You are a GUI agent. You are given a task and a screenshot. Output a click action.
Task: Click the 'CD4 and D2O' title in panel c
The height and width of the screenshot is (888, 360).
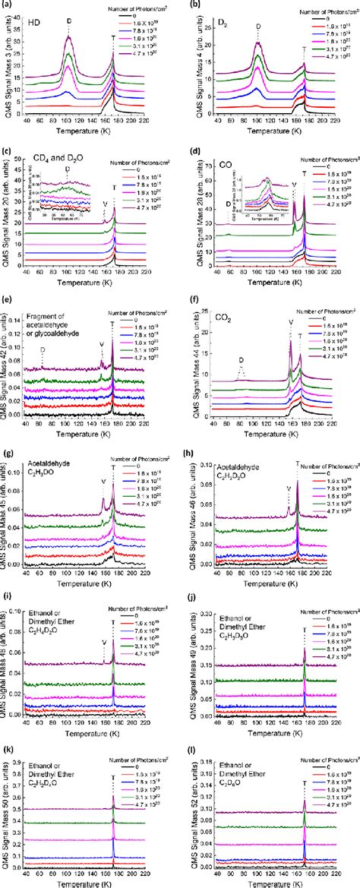(49, 159)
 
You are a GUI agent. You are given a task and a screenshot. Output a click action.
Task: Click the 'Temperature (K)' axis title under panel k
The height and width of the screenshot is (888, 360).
(97, 881)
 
